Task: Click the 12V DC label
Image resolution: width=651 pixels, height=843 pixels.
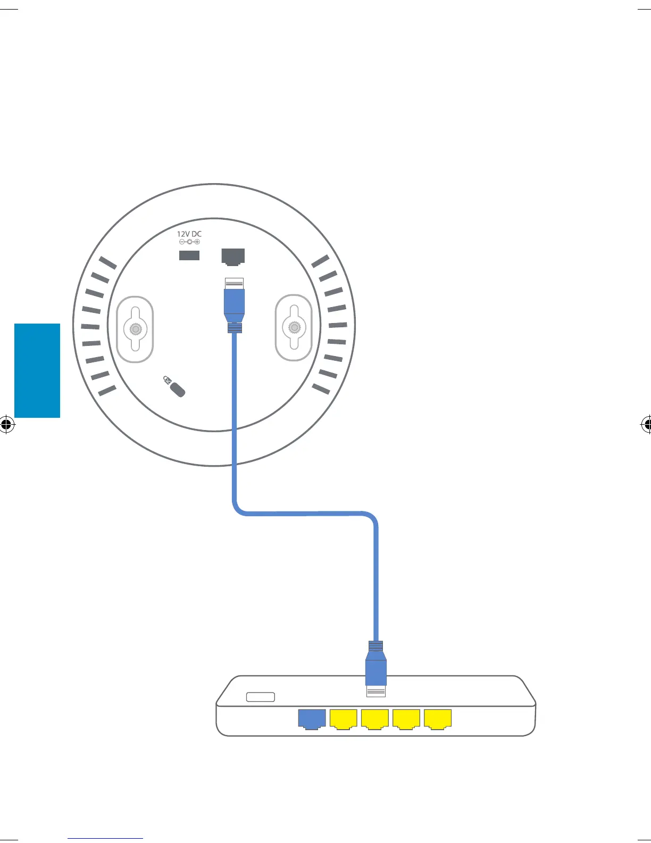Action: click(x=189, y=234)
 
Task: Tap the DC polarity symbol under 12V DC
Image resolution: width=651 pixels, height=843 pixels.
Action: click(x=189, y=242)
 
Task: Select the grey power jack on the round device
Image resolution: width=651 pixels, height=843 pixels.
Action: click(x=189, y=255)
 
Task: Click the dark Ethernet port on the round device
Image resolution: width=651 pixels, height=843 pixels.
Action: click(x=233, y=257)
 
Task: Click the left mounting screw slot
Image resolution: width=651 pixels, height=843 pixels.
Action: click(x=135, y=329)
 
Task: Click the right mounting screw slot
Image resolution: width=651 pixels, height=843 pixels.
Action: click(x=294, y=328)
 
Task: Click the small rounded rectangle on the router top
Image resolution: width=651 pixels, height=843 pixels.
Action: click(x=261, y=697)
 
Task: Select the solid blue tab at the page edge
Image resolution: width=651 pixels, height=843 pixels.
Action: click(x=37, y=370)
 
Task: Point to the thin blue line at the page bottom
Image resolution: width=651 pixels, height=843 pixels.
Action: click(x=105, y=838)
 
